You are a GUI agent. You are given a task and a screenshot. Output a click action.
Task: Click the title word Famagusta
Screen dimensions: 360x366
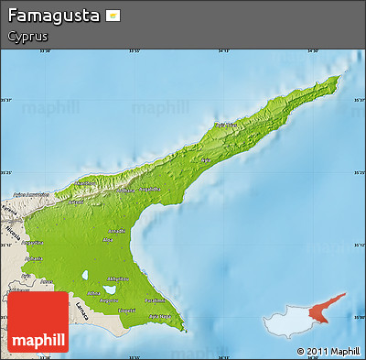tap(52, 16)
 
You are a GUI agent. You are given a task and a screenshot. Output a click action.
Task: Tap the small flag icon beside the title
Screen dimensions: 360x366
tap(113, 16)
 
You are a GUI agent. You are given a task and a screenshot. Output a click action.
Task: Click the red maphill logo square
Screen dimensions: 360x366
tap(38, 323)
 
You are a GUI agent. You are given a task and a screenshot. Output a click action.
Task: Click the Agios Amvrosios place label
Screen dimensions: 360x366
tap(30, 195)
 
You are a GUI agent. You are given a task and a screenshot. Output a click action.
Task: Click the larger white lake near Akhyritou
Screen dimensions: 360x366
tap(109, 290)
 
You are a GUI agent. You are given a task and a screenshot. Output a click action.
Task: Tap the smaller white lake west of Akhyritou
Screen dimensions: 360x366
tap(85, 274)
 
